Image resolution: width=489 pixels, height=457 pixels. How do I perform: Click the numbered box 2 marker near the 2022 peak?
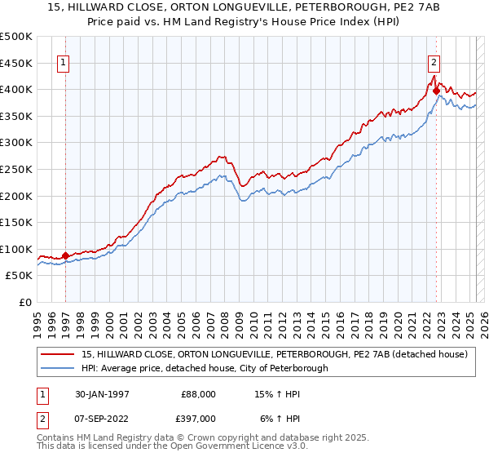click(434, 61)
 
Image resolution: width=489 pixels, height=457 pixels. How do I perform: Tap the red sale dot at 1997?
click(66, 255)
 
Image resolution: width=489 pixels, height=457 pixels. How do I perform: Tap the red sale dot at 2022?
click(436, 91)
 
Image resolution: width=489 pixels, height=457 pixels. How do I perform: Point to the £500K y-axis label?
click(16, 37)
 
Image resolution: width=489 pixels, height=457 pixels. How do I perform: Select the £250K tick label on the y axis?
click(16, 169)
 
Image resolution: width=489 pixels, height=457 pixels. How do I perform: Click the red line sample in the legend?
click(58, 354)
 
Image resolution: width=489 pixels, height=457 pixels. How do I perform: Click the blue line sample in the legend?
click(58, 368)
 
